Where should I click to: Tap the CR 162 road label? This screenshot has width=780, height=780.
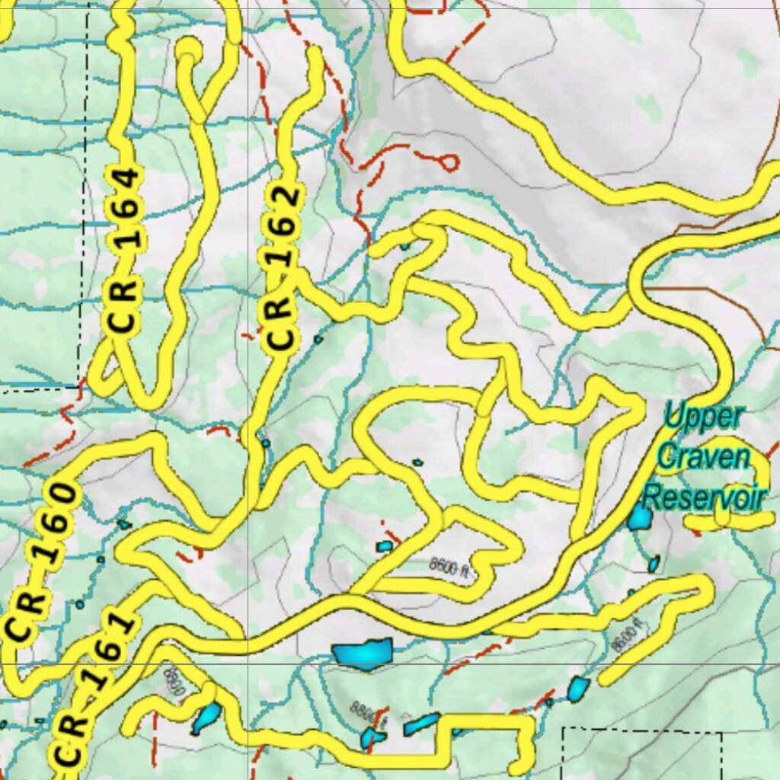(281, 269)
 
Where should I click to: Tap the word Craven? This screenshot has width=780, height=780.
(703, 458)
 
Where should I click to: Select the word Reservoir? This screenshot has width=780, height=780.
(703, 498)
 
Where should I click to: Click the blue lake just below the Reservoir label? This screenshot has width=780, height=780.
(640, 519)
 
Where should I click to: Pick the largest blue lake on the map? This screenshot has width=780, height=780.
(363, 652)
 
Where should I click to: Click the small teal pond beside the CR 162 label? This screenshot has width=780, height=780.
(318, 339)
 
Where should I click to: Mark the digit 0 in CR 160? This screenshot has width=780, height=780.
(64, 498)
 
